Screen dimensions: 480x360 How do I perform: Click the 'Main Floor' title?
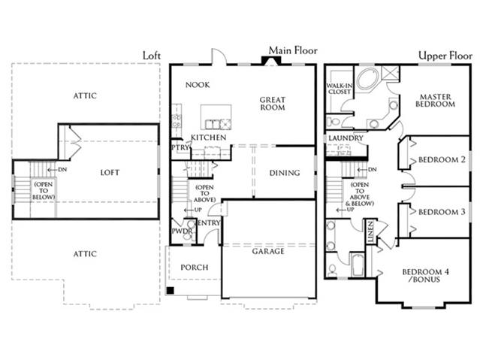[x=293, y=50]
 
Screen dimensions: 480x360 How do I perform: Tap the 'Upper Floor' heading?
[x=445, y=56]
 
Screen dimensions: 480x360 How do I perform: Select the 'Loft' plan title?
[x=152, y=56]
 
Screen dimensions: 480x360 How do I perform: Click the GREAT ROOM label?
[x=273, y=104]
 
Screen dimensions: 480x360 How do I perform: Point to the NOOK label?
[x=198, y=85]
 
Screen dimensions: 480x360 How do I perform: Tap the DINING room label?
[x=285, y=173]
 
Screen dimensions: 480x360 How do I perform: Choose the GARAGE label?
[x=268, y=252]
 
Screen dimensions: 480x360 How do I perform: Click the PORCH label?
[x=195, y=268]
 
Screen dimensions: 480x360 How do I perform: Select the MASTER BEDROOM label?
[x=435, y=101]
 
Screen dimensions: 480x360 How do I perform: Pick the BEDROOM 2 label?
[x=442, y=159]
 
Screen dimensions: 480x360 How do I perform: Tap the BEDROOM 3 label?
[x=442, y=212]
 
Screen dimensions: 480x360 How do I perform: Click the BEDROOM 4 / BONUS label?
[x=426, y=275]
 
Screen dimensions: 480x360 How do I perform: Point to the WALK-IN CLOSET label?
[x=340, y=89]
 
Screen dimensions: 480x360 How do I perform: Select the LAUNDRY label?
[x=346, y=138]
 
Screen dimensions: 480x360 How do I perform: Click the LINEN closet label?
[x=370, y=231]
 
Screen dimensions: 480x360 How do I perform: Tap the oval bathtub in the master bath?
[x=367, y=79]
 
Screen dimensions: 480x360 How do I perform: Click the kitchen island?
[x=216, y=117]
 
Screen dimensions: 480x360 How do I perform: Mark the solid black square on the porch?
[x=170, y=290]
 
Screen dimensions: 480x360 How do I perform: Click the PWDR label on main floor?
[x=182, y=231]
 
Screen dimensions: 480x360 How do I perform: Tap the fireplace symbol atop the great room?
[x=270, y=61]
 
